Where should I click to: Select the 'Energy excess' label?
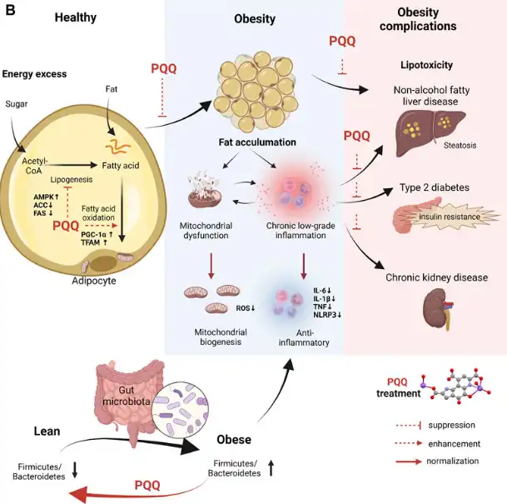34,74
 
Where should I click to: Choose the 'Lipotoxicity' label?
428,64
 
